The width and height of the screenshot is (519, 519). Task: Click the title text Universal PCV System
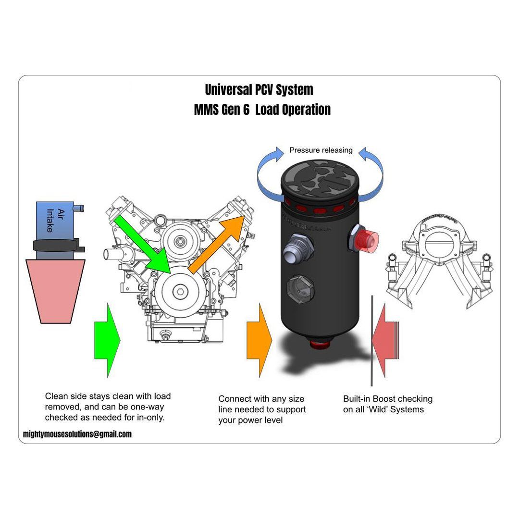tap(259, 90)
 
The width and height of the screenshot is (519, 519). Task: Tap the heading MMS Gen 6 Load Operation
tap(262, 110)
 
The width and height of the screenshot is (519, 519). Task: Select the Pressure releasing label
tap(321, 150)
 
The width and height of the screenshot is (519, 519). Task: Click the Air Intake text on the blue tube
tap(55, 220)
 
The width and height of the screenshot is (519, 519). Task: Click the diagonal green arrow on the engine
tap(142, 244)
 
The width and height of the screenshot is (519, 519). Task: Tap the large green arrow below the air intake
tap(107, 340)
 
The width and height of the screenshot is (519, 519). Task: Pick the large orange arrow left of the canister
tap(259, 340)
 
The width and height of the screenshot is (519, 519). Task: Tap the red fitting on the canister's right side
tap(368, 240)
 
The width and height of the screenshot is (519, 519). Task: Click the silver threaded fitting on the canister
tap(298, 247)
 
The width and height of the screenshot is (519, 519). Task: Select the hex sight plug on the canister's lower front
tap(300, 289)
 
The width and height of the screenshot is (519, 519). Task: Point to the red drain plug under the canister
tap(320, 344)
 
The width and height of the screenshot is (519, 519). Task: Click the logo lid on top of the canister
tap(320, 178)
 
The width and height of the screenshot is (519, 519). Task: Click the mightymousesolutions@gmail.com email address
tap(77, 434)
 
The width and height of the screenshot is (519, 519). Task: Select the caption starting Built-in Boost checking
tap(388, 404)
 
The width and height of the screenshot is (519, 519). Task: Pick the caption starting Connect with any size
tap(262, 409)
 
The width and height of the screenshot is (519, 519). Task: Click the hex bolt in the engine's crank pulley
tap(180, 292)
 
